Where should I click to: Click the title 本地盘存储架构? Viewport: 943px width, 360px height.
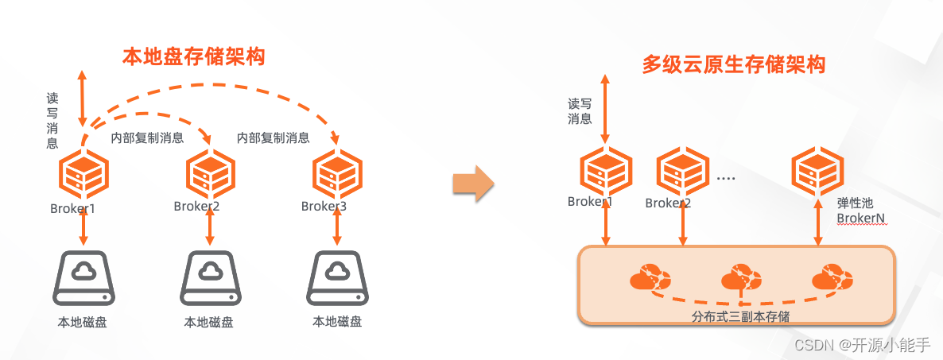(x=193, y=57)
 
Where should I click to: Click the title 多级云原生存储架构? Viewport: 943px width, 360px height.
(x=734, y=64)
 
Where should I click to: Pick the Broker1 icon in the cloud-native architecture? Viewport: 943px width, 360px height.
(x=606, y=170)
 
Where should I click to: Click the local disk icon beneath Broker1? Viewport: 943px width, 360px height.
(x=83, y=279)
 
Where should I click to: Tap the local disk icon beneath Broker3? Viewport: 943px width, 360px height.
(x=337, y=279)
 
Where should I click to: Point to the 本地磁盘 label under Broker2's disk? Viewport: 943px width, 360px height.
(x=209, y=322)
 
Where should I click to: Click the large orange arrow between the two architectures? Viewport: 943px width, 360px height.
(x=473, y=184)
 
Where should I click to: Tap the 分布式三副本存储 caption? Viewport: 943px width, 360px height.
(x=740, y=316)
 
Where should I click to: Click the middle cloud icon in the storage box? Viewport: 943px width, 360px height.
(x=740, y=279)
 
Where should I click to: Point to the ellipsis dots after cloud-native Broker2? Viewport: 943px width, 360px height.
(x=725, y=178)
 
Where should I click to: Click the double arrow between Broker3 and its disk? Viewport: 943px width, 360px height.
(x=337, y=229)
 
